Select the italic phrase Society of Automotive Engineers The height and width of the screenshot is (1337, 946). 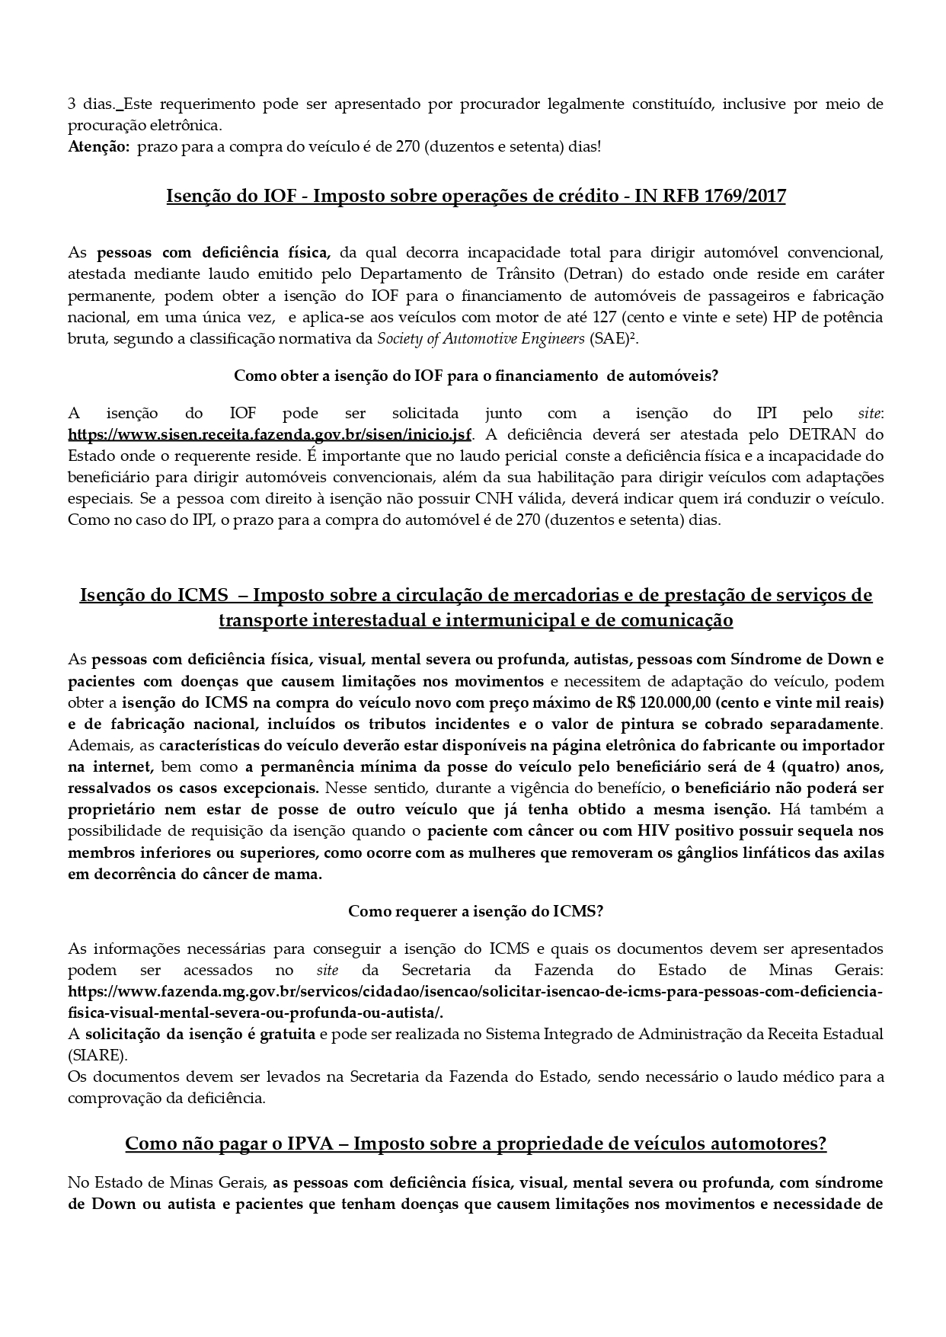tap(481, 338)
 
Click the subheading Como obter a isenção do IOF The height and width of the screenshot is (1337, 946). tap(476, 375)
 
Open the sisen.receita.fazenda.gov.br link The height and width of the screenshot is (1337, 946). tap(270, 434)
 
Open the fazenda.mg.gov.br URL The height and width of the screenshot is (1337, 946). tap(475, 992)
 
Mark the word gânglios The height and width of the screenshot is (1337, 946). tap(690, 852)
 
